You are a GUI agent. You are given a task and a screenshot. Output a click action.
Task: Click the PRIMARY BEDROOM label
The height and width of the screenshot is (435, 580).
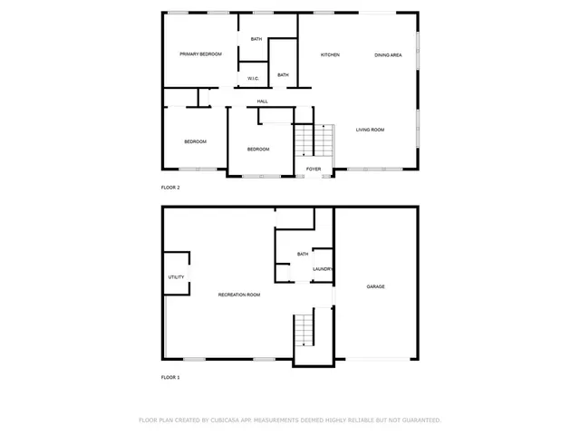click(x=200, y=54)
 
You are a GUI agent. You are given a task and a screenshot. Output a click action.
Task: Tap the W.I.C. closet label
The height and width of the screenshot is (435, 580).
click(x=254, y=79)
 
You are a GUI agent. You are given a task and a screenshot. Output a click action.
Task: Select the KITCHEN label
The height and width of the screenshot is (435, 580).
click(x=330, y=55)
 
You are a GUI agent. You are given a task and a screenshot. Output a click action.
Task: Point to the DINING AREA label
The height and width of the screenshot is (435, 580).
click(x=388, y=55)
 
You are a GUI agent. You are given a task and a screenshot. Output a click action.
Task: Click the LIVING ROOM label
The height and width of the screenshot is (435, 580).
click(x=370, y=130)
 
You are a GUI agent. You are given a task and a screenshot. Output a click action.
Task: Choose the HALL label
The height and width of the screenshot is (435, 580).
click(x=262, y=101)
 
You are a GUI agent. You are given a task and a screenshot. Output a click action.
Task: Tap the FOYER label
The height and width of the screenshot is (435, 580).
click(x=314, y=169)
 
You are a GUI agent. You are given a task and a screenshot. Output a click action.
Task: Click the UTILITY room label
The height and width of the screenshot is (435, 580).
click(x=176, y=277)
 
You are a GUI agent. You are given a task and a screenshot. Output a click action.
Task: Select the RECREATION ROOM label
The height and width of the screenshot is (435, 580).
click(x=239, y=295)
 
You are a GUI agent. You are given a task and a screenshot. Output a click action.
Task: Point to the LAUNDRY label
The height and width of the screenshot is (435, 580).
click(x=323, y=269)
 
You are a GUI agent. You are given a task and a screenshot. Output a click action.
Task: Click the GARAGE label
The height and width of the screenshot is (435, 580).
click(x=375, y=286)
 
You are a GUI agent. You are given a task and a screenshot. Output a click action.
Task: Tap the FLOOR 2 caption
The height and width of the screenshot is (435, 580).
click(x=170, y=188)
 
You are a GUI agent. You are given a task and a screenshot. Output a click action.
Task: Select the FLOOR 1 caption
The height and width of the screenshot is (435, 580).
click(x=170, y=377)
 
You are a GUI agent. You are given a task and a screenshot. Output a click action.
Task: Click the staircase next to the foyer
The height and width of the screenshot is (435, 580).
click(x=314, y=140)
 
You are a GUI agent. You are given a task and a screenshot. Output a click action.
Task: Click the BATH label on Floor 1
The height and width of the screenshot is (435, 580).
click(x=302, y=255)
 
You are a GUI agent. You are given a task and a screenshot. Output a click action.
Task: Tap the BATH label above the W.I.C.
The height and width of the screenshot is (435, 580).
click(x=256, y=39)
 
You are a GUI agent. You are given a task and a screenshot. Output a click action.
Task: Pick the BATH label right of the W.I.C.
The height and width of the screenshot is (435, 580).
click(x=283, y=74)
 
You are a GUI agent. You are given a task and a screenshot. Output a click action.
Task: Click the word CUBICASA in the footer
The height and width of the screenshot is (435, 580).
click(x=227, y=420)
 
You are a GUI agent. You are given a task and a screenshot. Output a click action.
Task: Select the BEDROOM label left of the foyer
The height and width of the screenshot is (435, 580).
click(x=258, y=149)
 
